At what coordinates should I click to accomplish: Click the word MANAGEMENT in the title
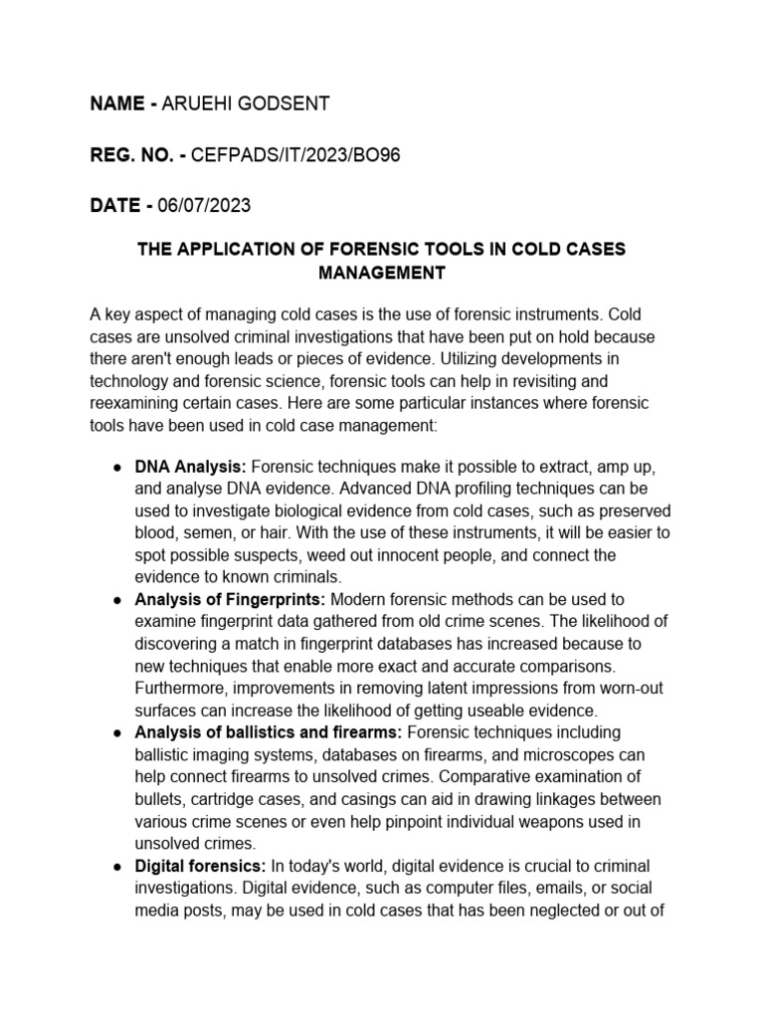click(x=381, y=271)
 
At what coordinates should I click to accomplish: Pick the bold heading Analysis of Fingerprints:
click(x=230, y=599)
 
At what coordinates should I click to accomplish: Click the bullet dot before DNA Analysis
click(x=117, y=467)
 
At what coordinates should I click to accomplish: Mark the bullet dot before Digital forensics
click(x=117, y=866)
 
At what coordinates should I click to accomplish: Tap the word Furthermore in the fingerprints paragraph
click(x=183, y=688)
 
